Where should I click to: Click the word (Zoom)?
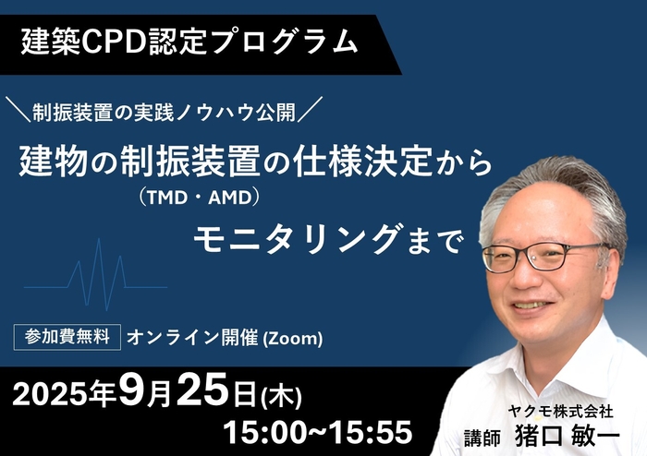click(x=293, y=339)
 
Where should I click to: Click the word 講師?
click(x=486, y=437)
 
